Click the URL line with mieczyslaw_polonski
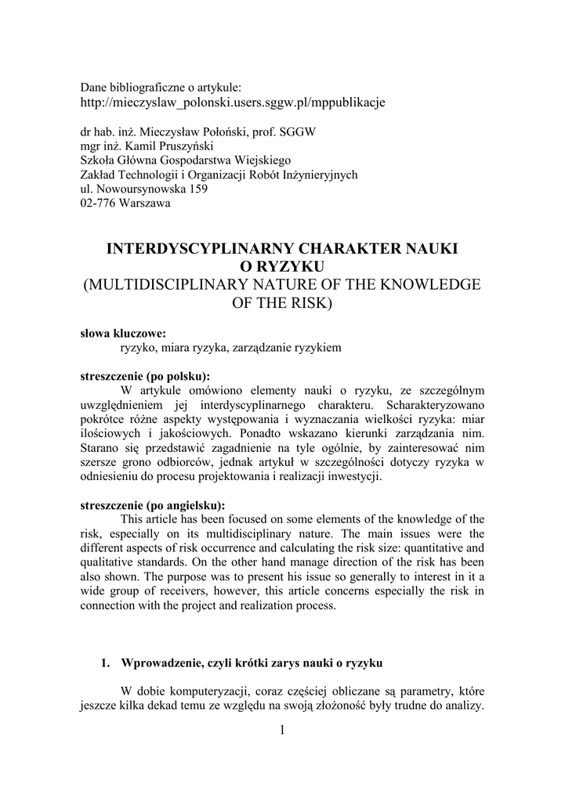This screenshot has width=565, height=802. pyautogui.click(x=234, y=103)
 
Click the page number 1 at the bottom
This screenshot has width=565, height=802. pyautogui.click(x=283, y=731)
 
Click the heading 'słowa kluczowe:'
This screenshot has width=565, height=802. pyautogui.click(x=123, y=333)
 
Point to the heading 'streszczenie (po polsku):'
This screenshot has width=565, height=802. pyautogui.click(x=146, y=375)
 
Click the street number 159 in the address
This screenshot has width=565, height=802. pyautogui.click(x=197, y=190)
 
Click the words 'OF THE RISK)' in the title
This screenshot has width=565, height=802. pyautogui.click(x=282, y=302)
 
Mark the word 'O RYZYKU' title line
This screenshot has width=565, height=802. pyautogui.click(x=281, y=267)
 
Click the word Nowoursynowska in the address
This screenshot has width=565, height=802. pyautogui.click(x=136, y=190)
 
